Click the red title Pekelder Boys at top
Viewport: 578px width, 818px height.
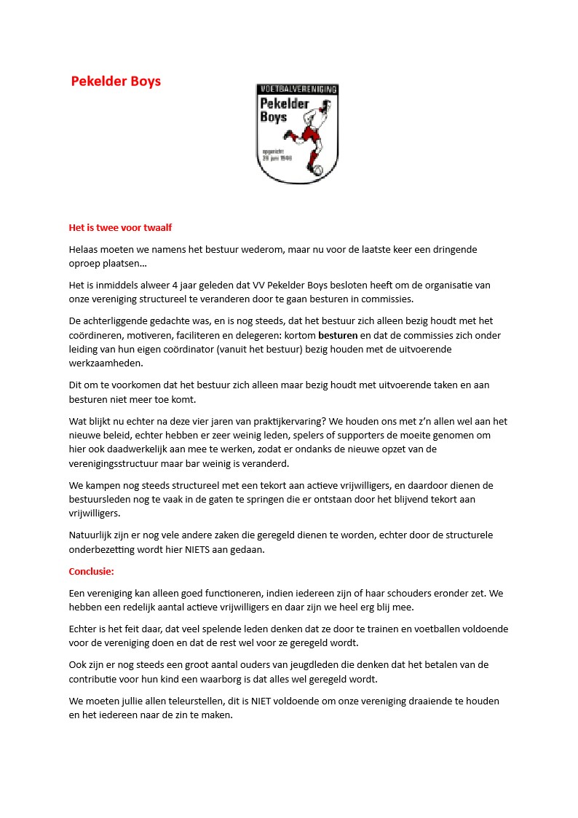click(116, 81)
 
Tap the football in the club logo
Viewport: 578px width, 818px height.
click(317, 170)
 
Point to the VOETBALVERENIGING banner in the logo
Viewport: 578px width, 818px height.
click(297, 89)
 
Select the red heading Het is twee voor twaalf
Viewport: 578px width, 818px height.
click(120, 227)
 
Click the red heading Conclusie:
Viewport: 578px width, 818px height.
click(92, 571)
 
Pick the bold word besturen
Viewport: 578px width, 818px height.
click(338, 336)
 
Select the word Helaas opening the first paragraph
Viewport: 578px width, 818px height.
click(84, 249)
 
